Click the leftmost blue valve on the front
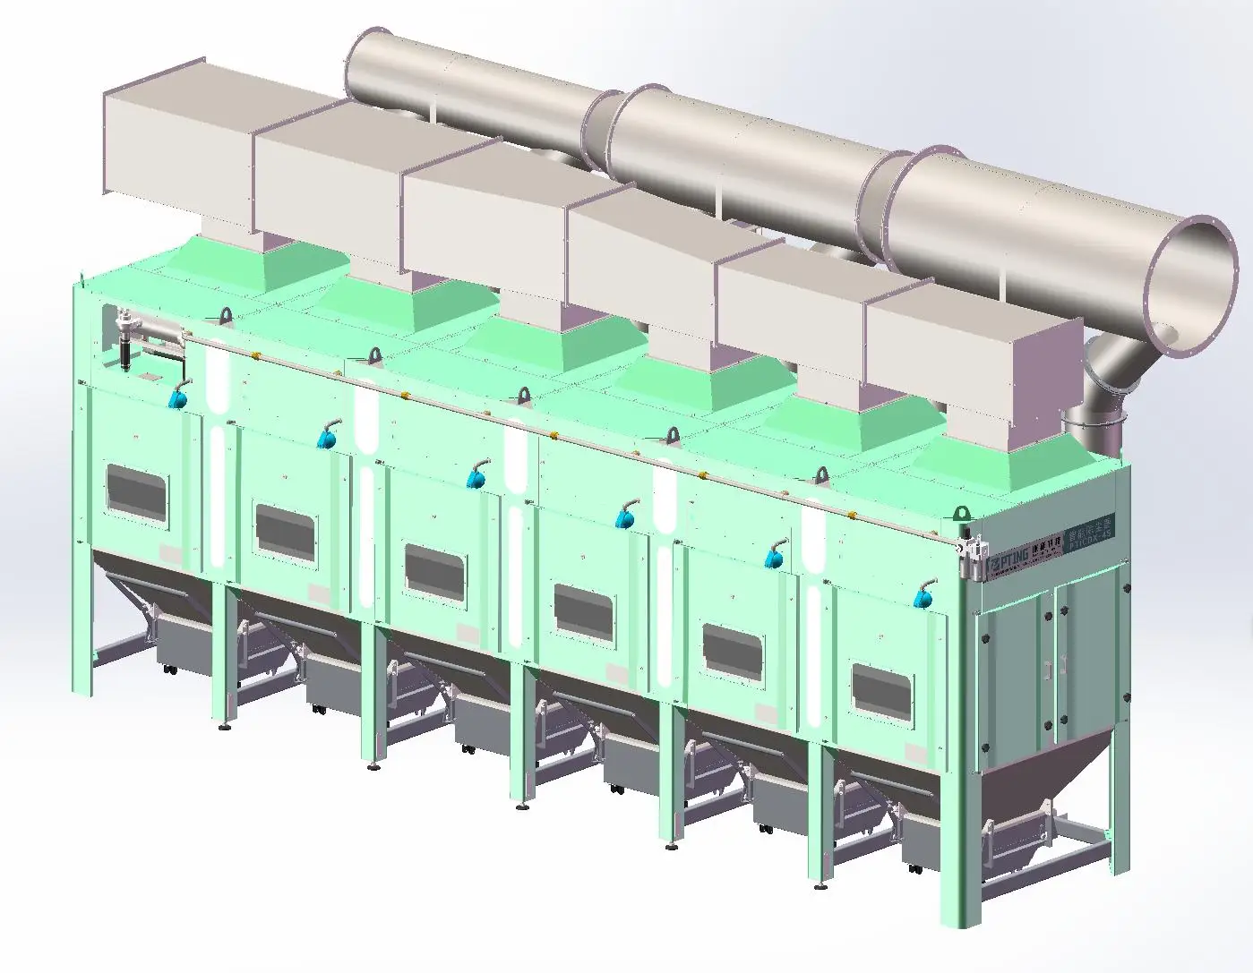180,397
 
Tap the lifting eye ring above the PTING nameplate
962,515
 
